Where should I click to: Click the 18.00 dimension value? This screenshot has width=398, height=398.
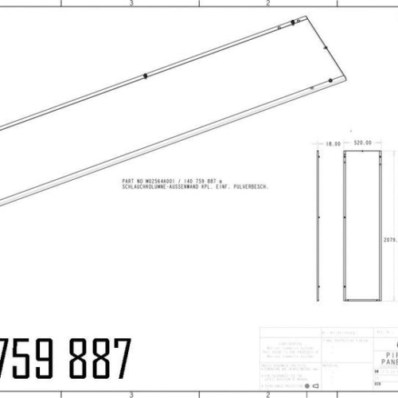pos(334,143)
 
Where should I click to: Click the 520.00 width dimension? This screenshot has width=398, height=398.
pos(363,143)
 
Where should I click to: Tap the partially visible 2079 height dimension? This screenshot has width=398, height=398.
pos(390,238)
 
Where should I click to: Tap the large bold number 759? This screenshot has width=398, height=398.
pos(24,359)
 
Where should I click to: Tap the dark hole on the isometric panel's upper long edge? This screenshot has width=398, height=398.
pos(146,76)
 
